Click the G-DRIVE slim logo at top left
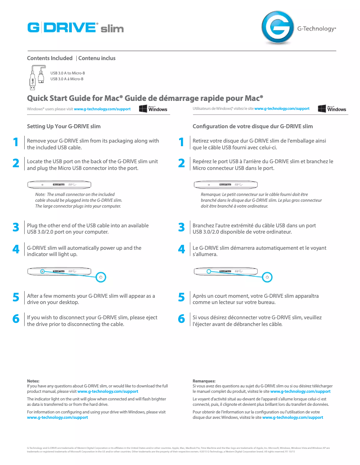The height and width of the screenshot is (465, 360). (75, 28)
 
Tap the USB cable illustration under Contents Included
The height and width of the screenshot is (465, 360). (36, 77)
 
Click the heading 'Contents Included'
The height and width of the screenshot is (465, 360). (50, 58)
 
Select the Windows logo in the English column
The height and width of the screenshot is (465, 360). (153, 109)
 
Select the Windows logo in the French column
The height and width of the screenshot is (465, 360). (332, 109)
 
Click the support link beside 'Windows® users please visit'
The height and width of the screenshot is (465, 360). (102, 109)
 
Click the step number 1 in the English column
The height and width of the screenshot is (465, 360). (16, 143)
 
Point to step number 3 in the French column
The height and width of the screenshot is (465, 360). (181, 227)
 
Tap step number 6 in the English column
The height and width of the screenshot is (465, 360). (16, 319)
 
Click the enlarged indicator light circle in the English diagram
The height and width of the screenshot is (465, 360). (101, 277)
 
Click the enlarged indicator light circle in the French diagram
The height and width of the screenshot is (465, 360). (268, 277)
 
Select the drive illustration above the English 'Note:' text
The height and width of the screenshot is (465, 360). (59, 184)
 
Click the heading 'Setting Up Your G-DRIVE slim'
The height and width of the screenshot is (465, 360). (64, 126)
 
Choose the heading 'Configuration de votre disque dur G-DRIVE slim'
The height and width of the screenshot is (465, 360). (252, 126)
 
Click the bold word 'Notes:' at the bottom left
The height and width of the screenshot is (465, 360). (33, 381)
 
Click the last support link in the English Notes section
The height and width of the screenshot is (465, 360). (57, 417)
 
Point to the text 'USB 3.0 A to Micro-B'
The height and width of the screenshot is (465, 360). (67, 73)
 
